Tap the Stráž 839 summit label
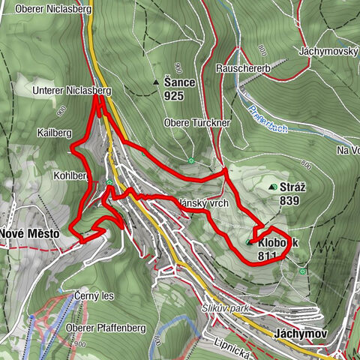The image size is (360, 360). (290, 192)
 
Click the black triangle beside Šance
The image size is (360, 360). (156, 82)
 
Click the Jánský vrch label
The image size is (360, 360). (203, 202)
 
